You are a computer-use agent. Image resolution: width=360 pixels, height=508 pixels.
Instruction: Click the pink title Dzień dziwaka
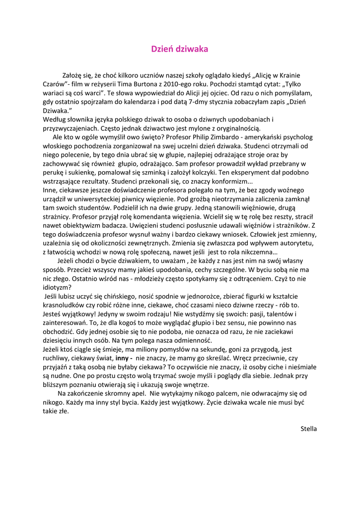(180, 49)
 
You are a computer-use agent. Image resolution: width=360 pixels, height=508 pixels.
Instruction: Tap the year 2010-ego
(193, 84)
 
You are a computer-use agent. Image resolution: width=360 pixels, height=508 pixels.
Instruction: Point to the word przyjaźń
(57, 367)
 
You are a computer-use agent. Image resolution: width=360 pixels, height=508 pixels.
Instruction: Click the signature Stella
(308, 429)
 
